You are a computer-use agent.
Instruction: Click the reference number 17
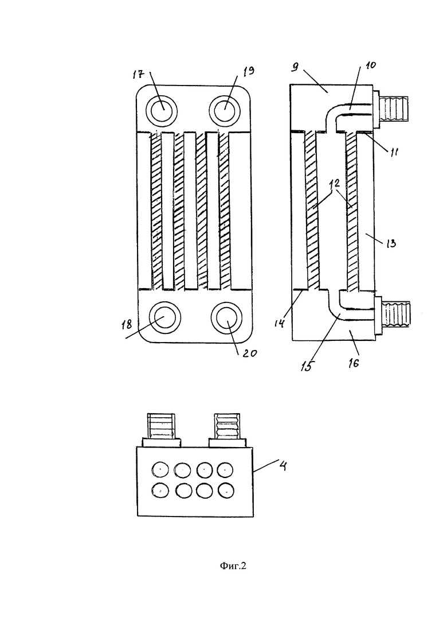tap(138, 74)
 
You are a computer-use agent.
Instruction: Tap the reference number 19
tap(249, 71)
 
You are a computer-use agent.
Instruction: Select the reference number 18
tap(127, 325)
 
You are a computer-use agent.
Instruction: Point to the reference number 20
tap(249, 353)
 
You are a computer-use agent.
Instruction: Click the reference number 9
tap(295, 67)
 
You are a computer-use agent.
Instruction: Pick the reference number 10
tap(370, 65)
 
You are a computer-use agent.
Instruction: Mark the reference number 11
tap(393, 152)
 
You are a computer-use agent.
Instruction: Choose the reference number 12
tap(334, 183)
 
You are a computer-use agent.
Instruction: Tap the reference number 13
tap(391, 243)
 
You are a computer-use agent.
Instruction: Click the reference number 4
tap(283, 466)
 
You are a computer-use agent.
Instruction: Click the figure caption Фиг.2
tap(233, 566)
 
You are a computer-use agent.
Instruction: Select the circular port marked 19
tap(225, 110)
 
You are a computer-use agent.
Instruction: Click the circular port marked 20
tap(226, 318)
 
